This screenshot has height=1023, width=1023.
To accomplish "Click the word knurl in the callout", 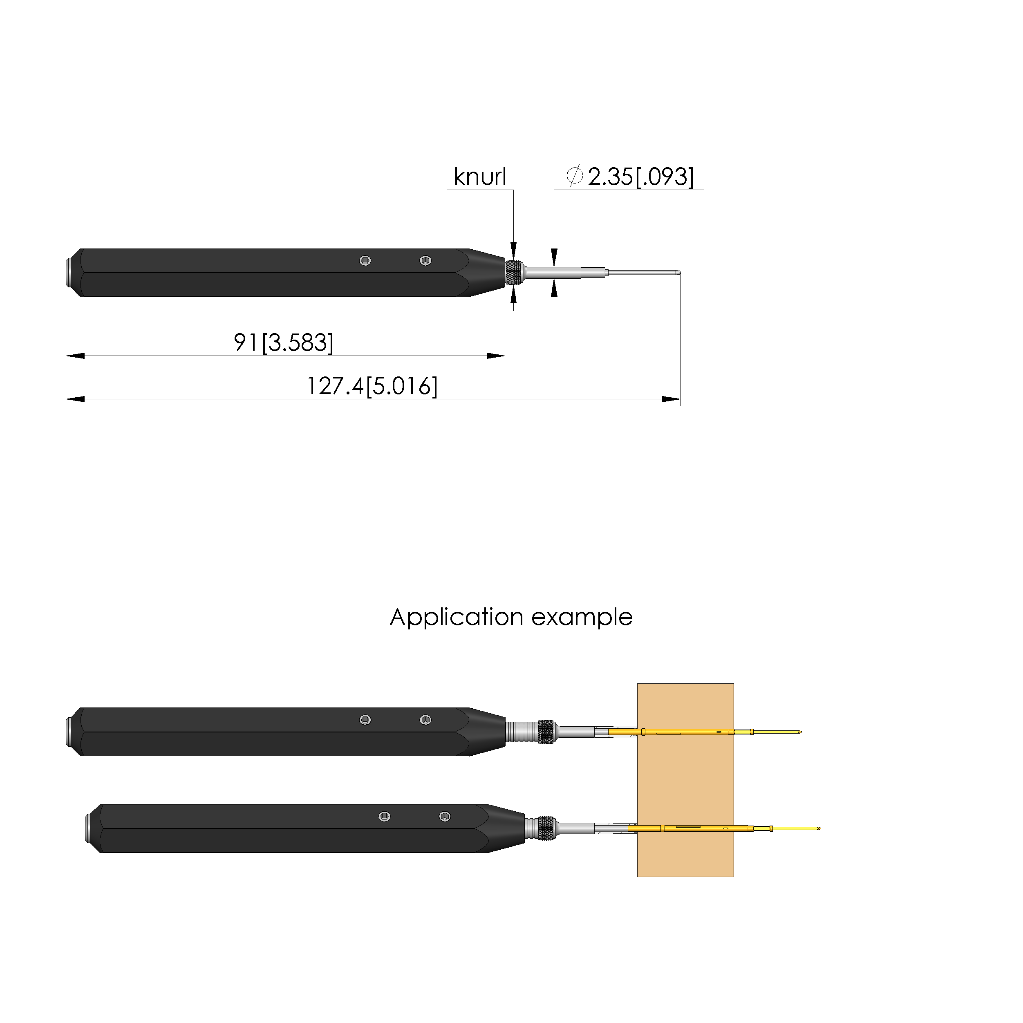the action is pos(480,177).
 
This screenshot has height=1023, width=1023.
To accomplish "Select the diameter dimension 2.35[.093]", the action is pos(630,177).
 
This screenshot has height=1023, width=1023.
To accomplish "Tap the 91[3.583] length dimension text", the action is pos(284,342).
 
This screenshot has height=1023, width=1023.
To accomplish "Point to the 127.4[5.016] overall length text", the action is pos(372,386).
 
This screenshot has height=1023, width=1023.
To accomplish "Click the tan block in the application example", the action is pos(685,781).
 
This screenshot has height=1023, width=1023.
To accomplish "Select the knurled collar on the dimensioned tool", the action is pos(514,273).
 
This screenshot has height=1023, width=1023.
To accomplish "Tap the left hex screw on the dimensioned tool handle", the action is pos(365,260).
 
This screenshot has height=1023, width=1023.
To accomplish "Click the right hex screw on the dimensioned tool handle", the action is pos(425,260).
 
